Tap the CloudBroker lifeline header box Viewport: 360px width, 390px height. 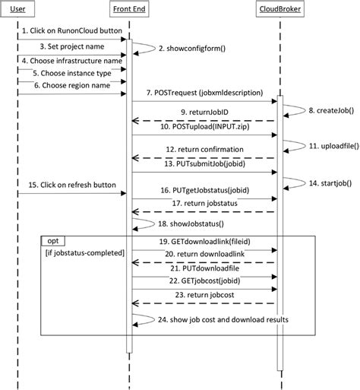click(279, 10)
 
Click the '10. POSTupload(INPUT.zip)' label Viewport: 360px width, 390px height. click(203, 128)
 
